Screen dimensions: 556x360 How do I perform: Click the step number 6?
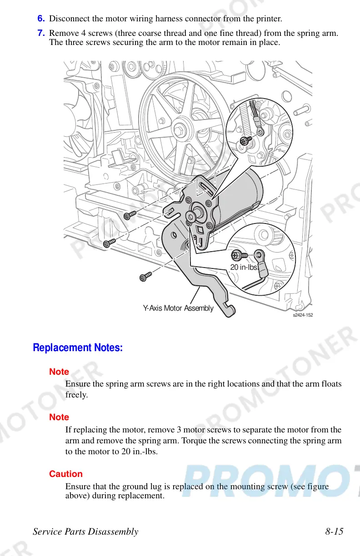[41, 19]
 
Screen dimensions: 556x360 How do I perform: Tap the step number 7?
[41, 33]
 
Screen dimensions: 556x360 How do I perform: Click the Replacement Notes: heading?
[78, 348]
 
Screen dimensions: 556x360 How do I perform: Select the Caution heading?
[66, 474]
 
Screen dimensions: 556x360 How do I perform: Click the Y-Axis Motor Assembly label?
[178, 308]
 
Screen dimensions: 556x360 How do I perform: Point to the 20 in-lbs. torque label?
[245, 267]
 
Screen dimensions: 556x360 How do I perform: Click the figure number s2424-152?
[303, 315]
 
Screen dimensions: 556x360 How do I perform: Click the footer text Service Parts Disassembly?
[86, 531]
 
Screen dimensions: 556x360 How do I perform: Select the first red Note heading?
[59, 372]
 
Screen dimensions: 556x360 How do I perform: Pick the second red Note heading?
[59, 417]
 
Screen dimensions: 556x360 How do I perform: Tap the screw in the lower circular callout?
[238, 255]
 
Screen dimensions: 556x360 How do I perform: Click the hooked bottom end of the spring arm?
[230, 310]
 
